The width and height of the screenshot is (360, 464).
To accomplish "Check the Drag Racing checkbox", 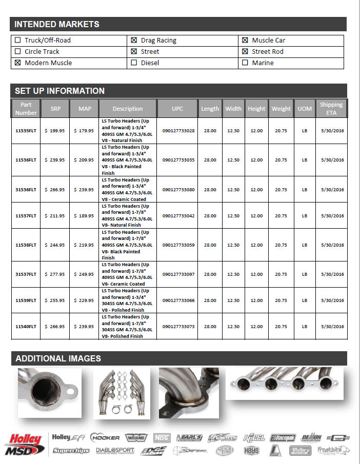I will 134,41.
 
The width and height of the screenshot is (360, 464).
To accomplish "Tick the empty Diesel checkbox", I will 134,63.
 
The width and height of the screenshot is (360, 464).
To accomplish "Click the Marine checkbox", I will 245,63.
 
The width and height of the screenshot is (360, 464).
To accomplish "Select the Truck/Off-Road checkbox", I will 18,41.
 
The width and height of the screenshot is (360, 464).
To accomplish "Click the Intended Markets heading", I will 57,24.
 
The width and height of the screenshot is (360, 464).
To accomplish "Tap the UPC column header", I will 177,109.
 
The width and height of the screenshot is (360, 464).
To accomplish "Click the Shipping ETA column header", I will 331,109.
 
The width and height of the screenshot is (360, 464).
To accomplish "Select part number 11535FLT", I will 26,131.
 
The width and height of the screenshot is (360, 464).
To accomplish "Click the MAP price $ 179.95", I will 84,131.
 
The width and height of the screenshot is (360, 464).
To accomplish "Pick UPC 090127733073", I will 178,327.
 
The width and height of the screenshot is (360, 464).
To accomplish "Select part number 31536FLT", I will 26,190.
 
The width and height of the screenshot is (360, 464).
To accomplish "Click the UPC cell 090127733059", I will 178,245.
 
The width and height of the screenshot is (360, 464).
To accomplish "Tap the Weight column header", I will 281,109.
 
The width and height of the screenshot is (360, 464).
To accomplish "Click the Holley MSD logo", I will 24,444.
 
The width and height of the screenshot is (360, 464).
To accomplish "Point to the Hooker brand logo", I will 105,438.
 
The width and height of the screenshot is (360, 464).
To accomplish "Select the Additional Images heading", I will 58,358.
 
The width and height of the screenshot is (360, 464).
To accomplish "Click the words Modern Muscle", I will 48,63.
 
